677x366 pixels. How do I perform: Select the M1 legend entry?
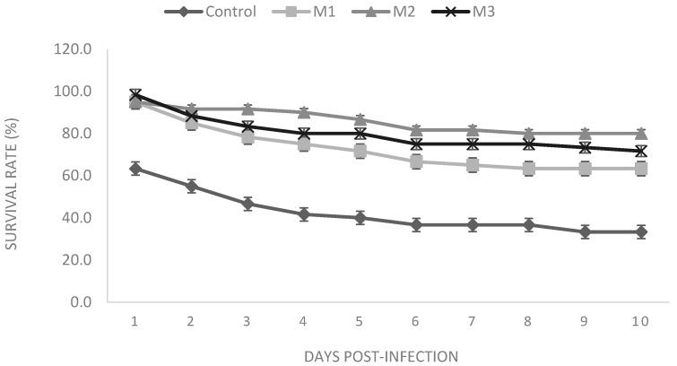click(315, 12)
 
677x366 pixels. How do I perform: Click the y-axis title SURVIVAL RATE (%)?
click(13, 175)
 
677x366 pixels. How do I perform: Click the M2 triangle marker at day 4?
click(304, 112)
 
